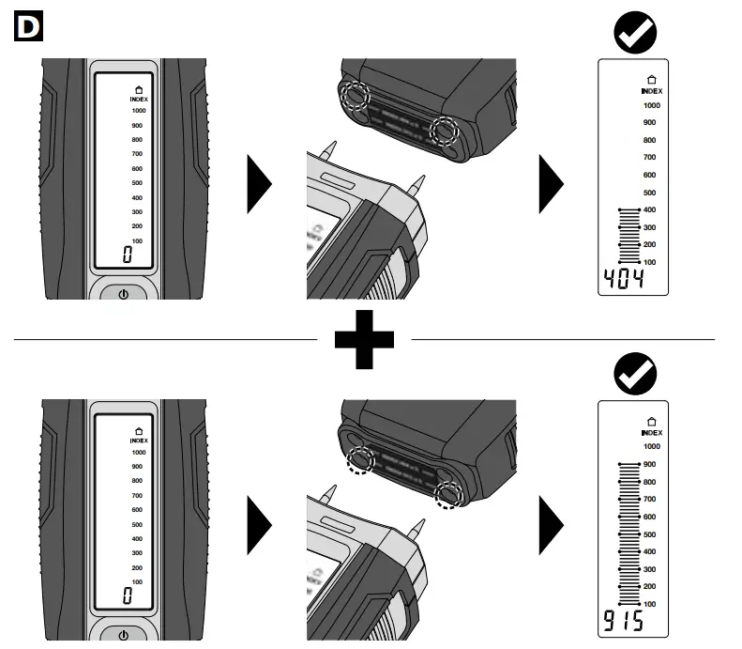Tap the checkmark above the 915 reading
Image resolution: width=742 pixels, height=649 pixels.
[634, 376]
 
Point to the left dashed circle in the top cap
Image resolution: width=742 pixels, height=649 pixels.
[356, 96]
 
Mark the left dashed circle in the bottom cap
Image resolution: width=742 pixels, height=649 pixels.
[361, 460]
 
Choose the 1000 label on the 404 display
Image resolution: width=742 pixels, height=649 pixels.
[651, 105]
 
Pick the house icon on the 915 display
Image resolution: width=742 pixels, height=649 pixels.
[652, 422]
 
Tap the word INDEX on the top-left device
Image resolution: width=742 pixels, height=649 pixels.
[139, 99]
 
